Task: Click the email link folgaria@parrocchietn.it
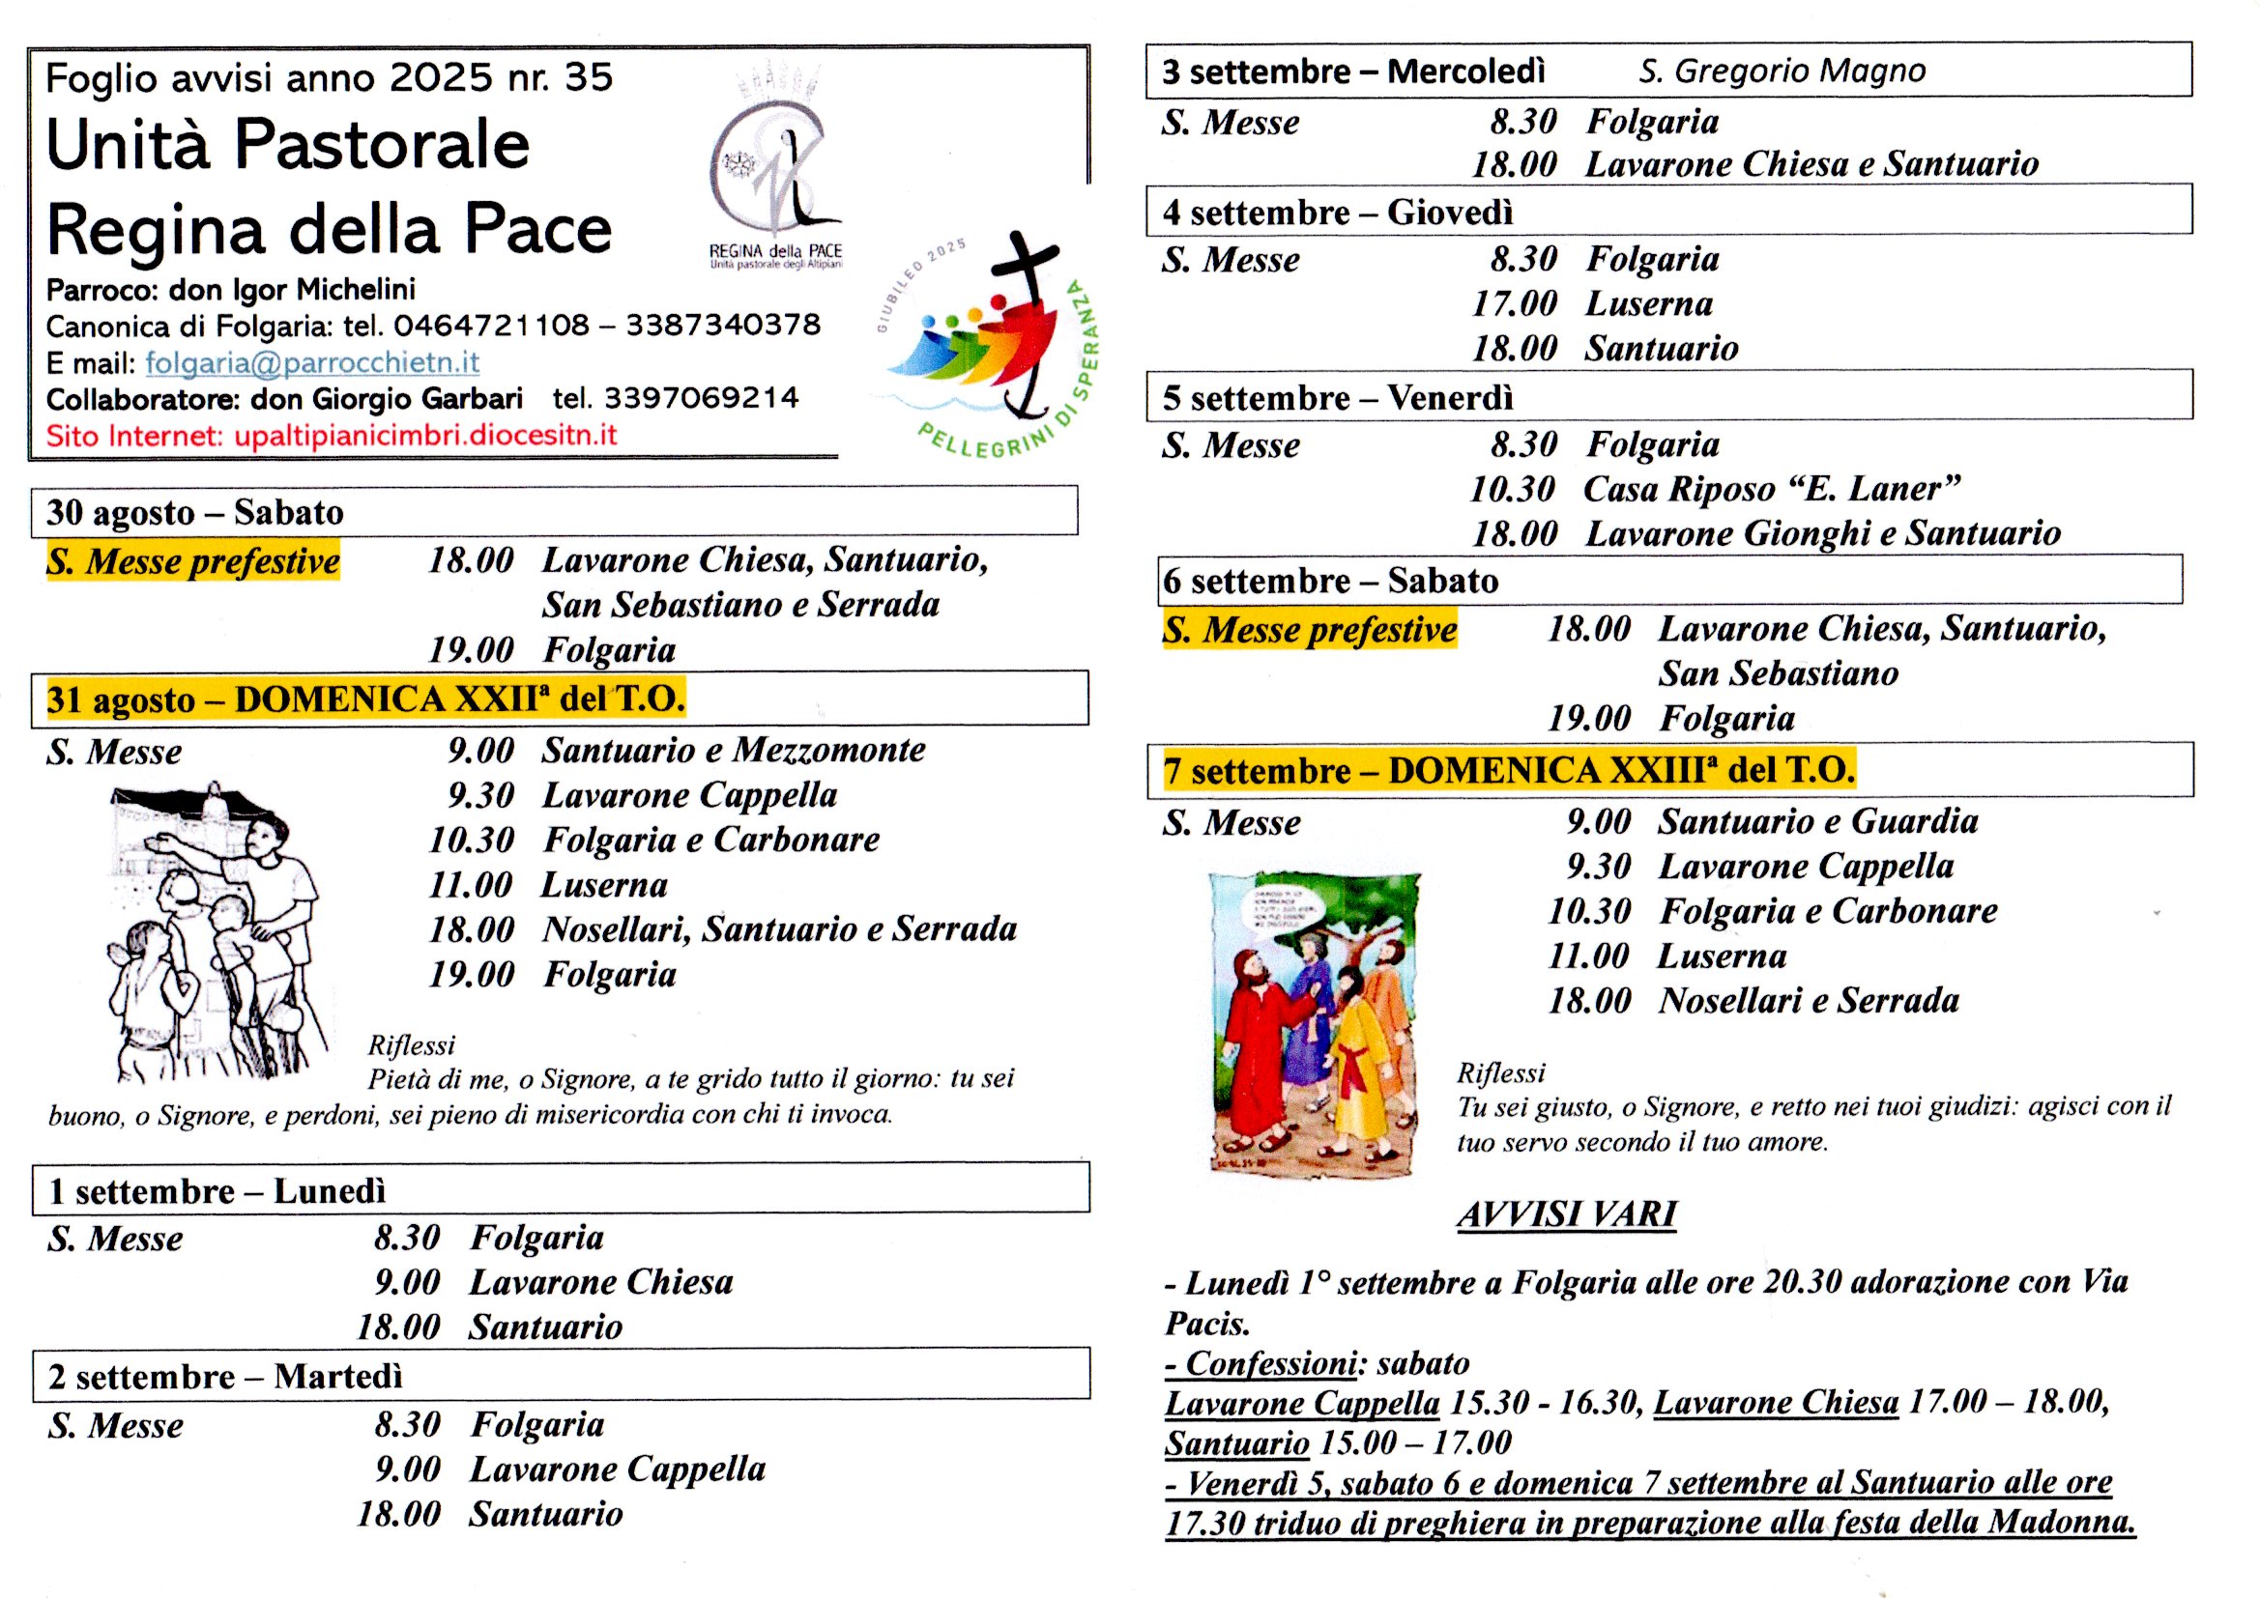312,363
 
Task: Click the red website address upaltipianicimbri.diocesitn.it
425,436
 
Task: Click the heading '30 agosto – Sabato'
195,513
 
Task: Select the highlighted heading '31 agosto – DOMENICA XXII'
365,699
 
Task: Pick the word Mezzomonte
828,751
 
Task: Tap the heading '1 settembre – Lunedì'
217,1191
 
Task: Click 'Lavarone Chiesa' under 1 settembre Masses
601,1282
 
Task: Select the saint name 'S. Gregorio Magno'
1782,71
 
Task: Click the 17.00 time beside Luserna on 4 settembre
1514,304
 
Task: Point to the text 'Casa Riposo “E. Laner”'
1771,489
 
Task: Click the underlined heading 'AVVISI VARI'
1567,1214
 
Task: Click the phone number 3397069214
701,398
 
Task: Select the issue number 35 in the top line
589,77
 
